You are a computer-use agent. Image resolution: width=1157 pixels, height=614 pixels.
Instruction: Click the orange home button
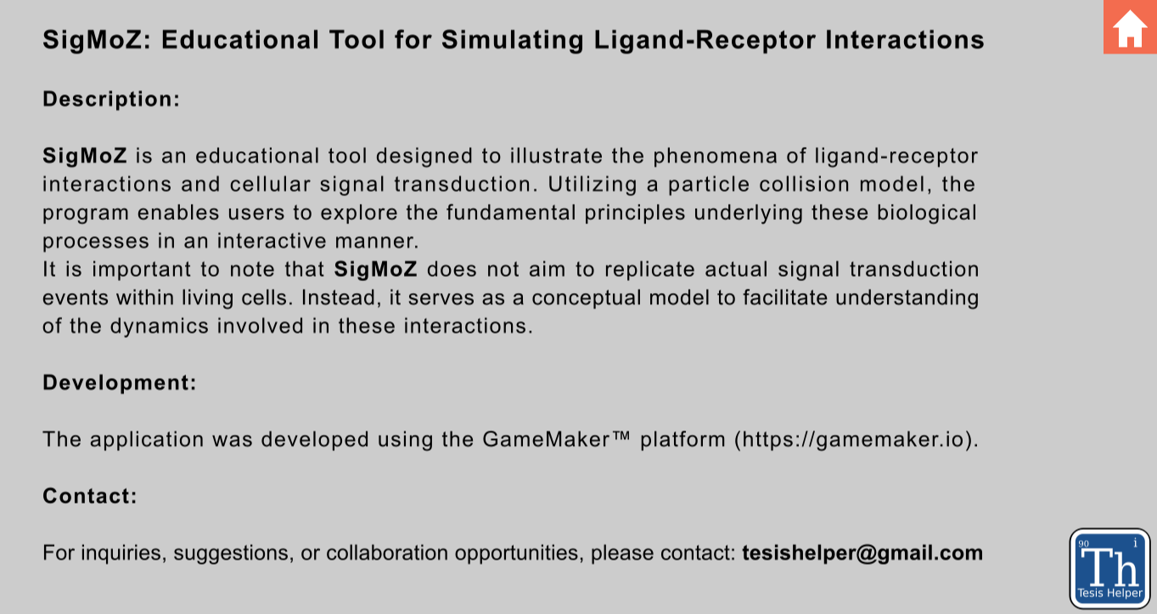click(1130, 26)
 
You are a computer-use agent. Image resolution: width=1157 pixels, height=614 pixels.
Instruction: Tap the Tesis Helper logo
click(1109, 568)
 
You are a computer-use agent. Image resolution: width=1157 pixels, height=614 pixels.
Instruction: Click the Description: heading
click(111, 99)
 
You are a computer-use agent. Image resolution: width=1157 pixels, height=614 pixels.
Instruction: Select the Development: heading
click(120, 383)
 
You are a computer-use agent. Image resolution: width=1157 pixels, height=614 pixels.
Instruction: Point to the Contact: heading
click(90, 496)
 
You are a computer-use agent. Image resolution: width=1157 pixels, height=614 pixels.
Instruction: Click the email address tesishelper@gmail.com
click(862, 553)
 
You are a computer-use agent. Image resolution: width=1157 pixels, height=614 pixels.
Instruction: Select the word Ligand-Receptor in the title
click(704, 40)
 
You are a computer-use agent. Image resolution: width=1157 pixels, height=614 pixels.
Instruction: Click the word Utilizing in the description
click(593, 185)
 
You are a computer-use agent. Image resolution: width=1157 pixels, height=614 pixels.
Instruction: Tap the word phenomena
click(716, 156)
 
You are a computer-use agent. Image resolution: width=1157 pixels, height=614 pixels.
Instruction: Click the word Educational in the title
click(240, 40)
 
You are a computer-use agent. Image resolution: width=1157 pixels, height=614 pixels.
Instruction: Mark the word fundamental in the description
click(511, 213)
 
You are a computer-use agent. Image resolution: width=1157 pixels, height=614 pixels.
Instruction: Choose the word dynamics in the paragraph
click(159, 327)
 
